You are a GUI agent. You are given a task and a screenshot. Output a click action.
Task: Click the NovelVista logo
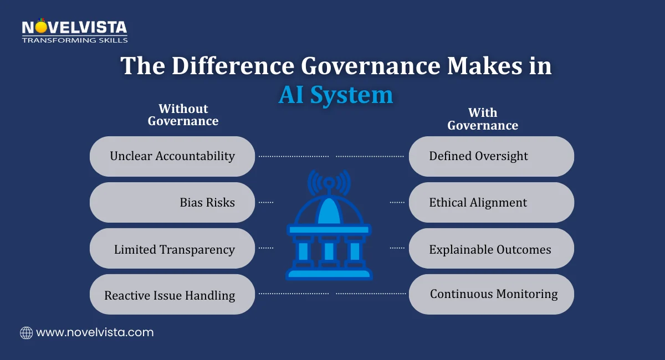point(74,28)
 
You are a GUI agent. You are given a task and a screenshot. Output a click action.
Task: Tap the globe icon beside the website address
point(26,333)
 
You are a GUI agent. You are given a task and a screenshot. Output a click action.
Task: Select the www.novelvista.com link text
point(95,333)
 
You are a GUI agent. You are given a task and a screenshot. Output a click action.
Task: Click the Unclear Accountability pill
point(172,156)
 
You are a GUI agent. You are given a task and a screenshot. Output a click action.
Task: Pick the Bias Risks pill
point(172,202)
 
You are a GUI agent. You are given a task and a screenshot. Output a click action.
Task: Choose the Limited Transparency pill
point(172,249)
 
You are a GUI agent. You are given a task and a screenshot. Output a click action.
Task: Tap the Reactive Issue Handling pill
point(172,295)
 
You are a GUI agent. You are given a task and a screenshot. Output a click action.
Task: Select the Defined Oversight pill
point(491,156)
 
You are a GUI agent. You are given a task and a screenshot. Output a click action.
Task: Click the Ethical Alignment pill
point(491,202)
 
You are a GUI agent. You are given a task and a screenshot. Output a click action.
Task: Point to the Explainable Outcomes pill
point(491,249)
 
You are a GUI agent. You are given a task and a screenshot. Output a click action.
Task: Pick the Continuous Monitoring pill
point(491,294)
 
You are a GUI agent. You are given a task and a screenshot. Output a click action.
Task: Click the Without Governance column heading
point(183,115)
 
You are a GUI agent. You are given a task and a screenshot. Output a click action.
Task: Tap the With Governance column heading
point(483,119)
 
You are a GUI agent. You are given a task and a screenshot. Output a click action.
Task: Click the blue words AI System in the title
point(335,95)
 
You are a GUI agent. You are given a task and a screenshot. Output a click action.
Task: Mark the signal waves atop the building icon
point(329,181)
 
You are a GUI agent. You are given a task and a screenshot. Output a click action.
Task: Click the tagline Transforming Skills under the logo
point(74,40)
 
